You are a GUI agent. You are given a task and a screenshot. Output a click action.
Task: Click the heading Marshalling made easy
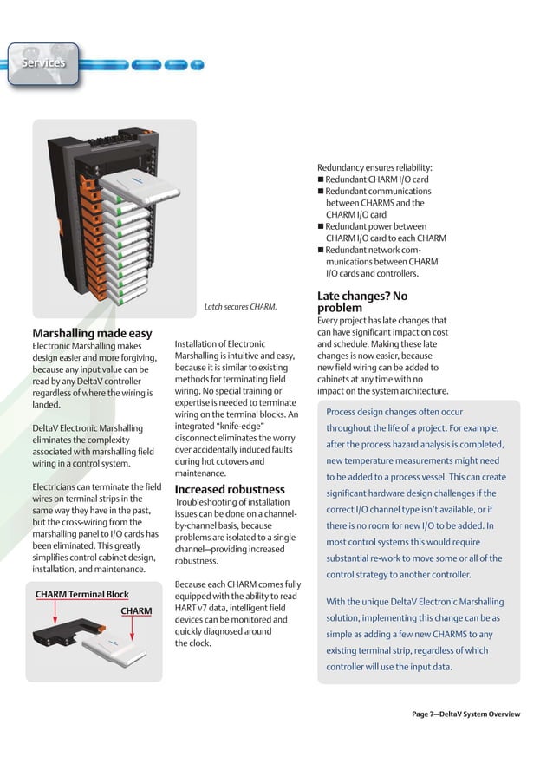pyautogui.click(x=92, y=333)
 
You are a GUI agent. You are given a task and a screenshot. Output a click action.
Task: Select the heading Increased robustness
pyautogui.click(x=230, y=490)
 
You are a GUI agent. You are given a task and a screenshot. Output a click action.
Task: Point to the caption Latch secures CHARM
pyautogui.click(x=240, y=306)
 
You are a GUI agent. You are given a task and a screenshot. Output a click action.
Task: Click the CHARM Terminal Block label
pyautogui.click(x=82, y=594)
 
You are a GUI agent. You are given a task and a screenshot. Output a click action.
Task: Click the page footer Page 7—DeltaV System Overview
pyautogui.click(x=465, y=714)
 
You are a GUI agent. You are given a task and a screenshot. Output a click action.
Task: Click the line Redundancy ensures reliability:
pyautogui.click(x=374, y=167)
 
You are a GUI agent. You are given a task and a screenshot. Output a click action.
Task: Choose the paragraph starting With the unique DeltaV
pyautogui.click(x=414, y=634)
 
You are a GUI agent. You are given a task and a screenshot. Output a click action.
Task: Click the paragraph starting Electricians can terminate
pyautogui.click(x=95, y=528)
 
